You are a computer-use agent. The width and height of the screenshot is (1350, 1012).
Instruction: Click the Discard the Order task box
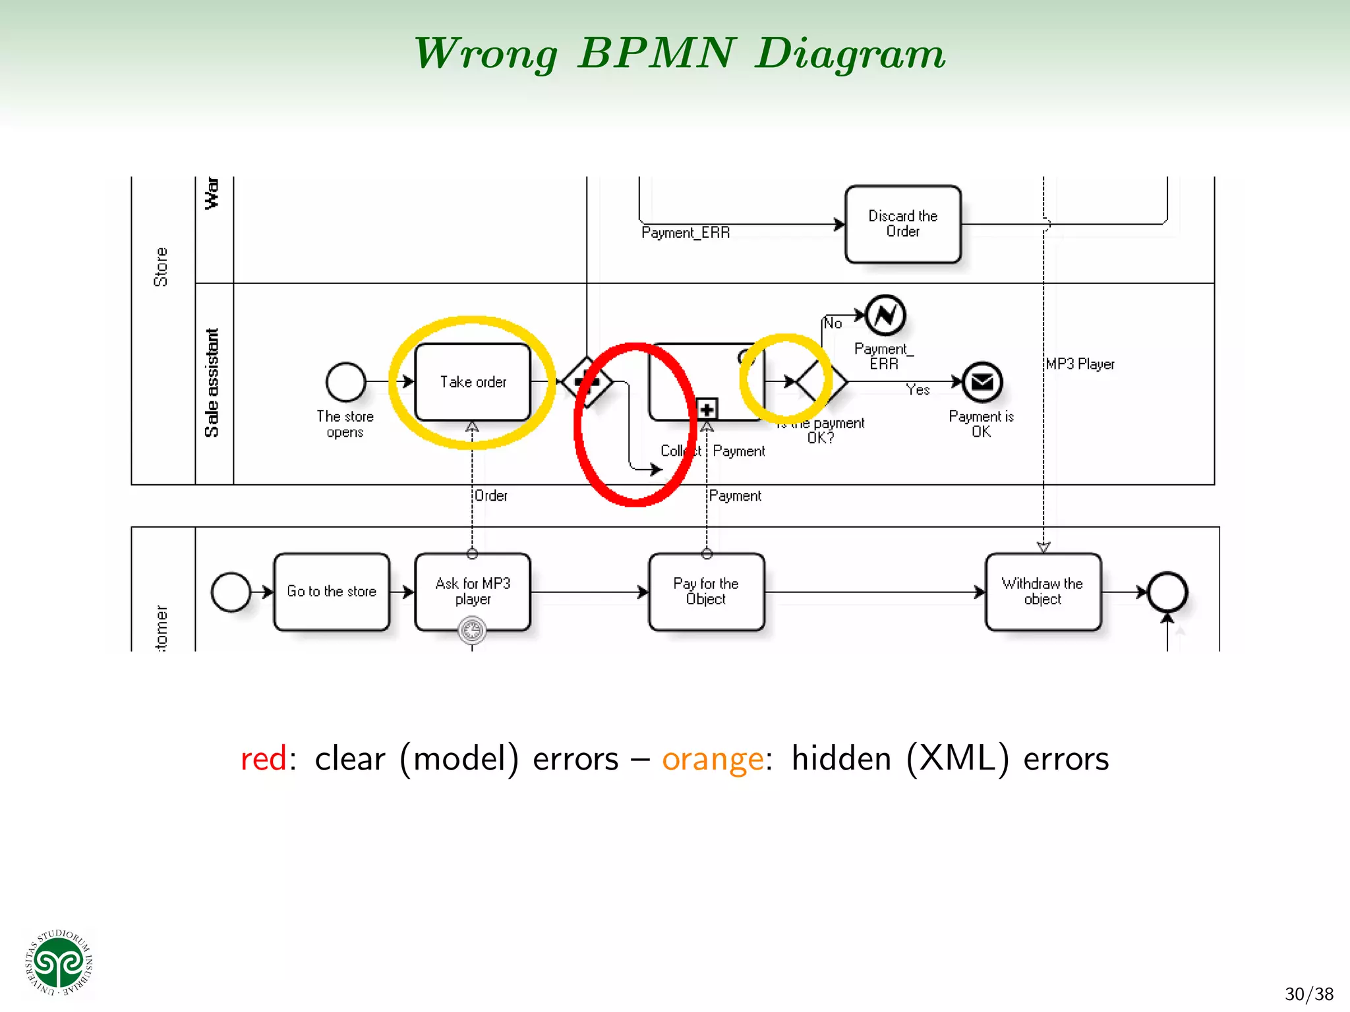[x=902, y=224]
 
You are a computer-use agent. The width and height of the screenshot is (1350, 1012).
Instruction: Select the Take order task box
[x=473, y=382]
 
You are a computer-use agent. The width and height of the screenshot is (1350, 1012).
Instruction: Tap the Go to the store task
[x=332, y=592]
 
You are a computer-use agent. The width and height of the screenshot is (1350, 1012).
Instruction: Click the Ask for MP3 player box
[x=473, y=592]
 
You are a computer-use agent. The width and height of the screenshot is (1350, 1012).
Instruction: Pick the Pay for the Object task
[x=706, y=592]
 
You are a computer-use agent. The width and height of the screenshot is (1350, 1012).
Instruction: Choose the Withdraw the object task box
[x=1043, y=592]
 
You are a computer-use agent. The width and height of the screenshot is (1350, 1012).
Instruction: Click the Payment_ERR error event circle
[x=885, y=316]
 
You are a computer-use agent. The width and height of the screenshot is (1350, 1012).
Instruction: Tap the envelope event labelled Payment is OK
[x=982, y=382]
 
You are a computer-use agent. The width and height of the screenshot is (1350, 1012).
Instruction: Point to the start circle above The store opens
[x=345, y=382]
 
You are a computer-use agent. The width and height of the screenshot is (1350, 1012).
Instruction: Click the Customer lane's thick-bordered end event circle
[x=1167, y=592]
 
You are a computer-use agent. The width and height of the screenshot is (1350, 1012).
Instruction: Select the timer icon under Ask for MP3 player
[x=472, y=631]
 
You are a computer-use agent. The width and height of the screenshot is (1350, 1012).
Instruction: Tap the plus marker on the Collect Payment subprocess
[x=707, y=409]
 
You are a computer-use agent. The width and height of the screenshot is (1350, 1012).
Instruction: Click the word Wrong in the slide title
[x=486, y=53]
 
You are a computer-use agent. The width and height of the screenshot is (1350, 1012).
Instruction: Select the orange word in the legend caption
[x=713, y=758]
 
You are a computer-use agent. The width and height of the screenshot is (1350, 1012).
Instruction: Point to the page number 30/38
[x=1308, y=994]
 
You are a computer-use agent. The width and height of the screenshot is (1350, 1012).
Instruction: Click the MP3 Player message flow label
[x=1080, y=364]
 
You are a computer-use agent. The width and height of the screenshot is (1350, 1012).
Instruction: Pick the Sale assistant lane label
[x=212, y=383]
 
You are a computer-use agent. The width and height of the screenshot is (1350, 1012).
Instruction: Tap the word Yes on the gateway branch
[x=918, y=390]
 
